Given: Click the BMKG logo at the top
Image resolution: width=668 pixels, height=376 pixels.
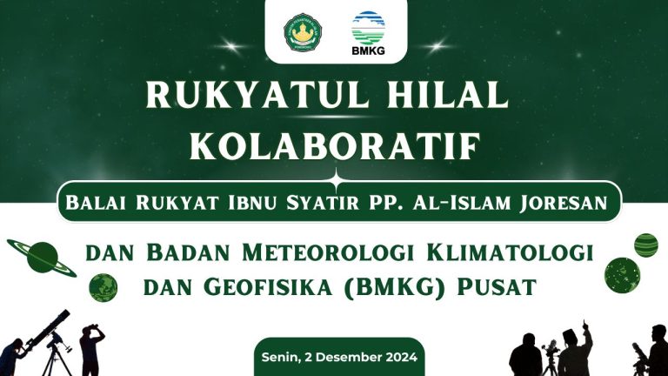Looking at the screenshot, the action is click(x=368, y=34).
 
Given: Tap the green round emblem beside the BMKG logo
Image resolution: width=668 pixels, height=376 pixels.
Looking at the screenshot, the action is click(x=303, y=32).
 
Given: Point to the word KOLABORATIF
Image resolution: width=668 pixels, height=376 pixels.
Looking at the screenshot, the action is click(x=336, y=146).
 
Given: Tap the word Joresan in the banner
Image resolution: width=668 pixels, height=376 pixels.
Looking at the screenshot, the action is click(x=564, y=203).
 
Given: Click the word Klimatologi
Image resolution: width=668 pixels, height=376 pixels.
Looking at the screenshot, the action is click(x=510, y=252).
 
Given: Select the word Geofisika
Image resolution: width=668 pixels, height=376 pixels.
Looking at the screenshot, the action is click(x=268, y=287).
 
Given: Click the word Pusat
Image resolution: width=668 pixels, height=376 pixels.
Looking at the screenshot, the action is click(x=497, y=287).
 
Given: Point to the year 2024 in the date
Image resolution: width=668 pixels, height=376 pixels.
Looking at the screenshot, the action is click(x=401, y=357).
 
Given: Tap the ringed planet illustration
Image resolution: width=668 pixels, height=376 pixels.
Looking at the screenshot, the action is click(x=42, y=258).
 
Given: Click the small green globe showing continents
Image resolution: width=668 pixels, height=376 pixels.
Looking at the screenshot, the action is click(x=104, y=288).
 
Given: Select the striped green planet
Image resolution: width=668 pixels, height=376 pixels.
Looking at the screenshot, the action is click(x=646, y=245).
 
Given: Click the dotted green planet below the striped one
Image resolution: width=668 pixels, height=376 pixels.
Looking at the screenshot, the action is click(x=622, y=275).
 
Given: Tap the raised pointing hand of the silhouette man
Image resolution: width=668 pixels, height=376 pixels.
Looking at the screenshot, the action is click(x=584, y=326).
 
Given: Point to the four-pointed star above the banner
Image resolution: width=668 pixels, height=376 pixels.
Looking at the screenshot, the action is click(x=336, y=182).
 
